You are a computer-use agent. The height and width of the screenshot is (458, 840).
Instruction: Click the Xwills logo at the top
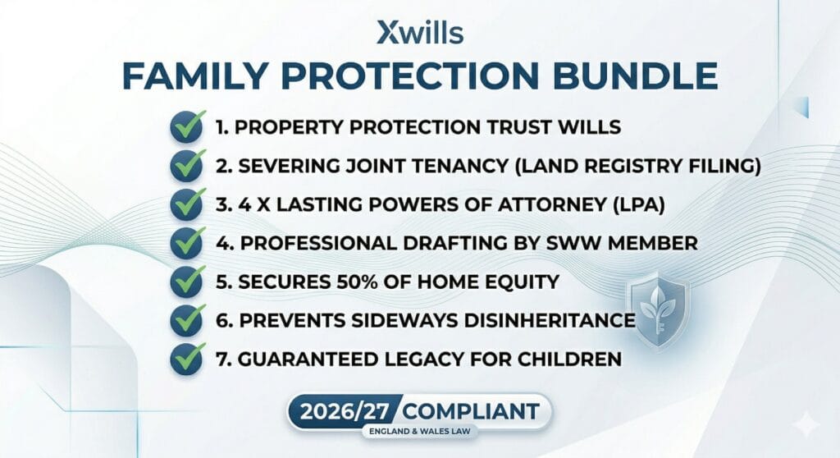[x=420, y=32]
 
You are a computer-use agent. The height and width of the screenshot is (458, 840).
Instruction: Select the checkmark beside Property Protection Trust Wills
[x=187, y=127]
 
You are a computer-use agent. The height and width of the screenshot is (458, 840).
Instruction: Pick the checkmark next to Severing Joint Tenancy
[x=187, y=166]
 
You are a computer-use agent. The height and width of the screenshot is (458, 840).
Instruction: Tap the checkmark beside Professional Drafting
[x=187, y=243]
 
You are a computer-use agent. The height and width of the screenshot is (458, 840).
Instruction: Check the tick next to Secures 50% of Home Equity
[x=187, y=281]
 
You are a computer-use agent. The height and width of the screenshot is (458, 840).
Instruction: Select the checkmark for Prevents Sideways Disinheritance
[x=187, y=319]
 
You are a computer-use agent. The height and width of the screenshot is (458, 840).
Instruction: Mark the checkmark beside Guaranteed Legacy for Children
[x=187, y=358]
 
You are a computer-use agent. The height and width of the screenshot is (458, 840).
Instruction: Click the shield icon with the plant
[x=657, y=303]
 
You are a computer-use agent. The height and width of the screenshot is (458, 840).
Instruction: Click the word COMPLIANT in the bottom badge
[x=474, y=410]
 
